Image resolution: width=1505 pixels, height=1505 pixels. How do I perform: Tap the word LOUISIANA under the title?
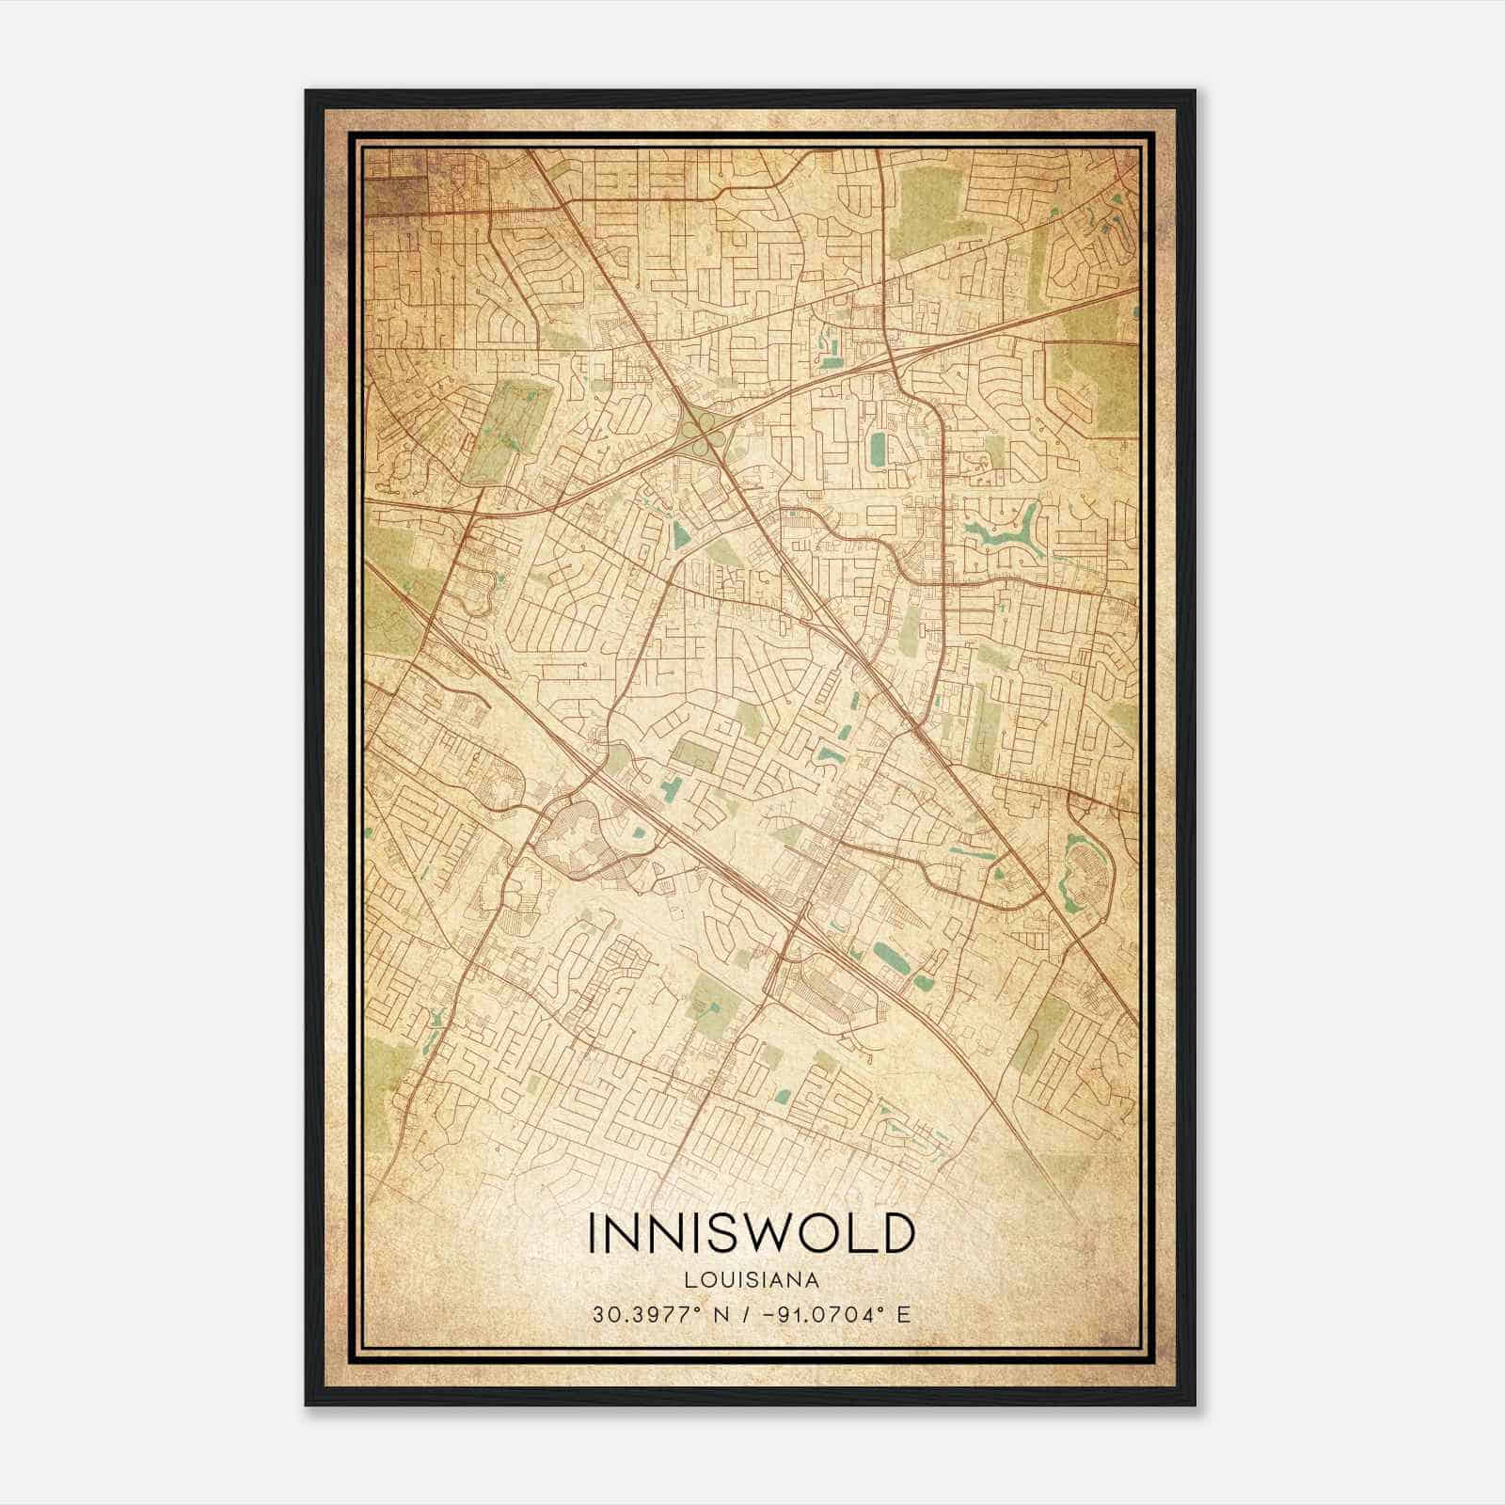752,1280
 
